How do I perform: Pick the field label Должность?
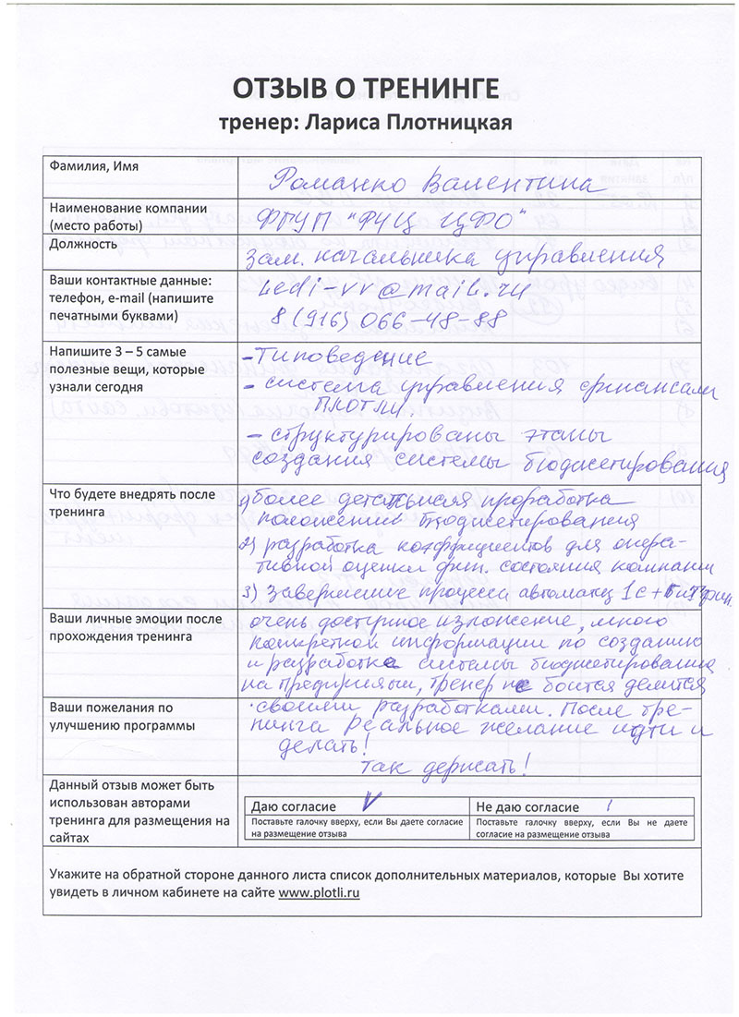[84, 245]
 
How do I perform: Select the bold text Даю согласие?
[293, 807]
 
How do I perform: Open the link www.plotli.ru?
[319, 893]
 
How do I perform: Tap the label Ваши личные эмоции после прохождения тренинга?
[121, 628]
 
